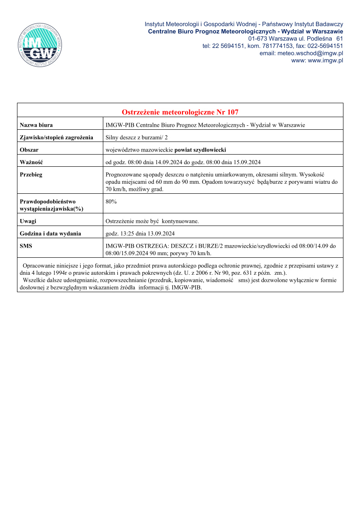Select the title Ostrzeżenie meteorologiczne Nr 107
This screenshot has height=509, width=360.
[x=180, y=112]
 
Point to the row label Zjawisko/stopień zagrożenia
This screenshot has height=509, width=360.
[x=57, y=138]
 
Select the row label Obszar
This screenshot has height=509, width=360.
[x=29, y=150]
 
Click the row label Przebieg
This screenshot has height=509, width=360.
[x=31, y=175]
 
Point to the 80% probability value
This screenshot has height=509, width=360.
[x=111, y=202]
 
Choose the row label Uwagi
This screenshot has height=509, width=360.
[x=28, y=221]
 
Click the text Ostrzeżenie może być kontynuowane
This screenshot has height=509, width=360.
[x=152, y=221]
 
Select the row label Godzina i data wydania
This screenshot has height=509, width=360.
[x=51, y=233]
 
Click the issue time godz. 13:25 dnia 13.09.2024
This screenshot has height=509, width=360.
[x=140, y=233]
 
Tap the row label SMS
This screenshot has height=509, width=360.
[x=26, y=246]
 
